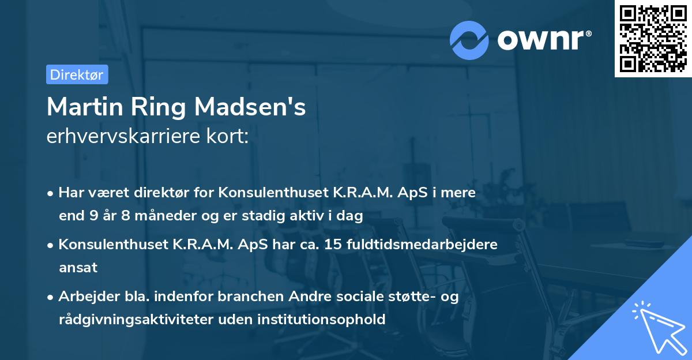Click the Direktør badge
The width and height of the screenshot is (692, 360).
pyautogui.click(x=77, y=74)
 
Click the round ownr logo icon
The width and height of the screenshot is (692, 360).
pyautogui.click(x=469, y=39)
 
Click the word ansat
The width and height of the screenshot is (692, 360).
pyautogui.click(x=78, y=268)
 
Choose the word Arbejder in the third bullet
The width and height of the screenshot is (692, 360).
pyautogui.click(x=85, y=297)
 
